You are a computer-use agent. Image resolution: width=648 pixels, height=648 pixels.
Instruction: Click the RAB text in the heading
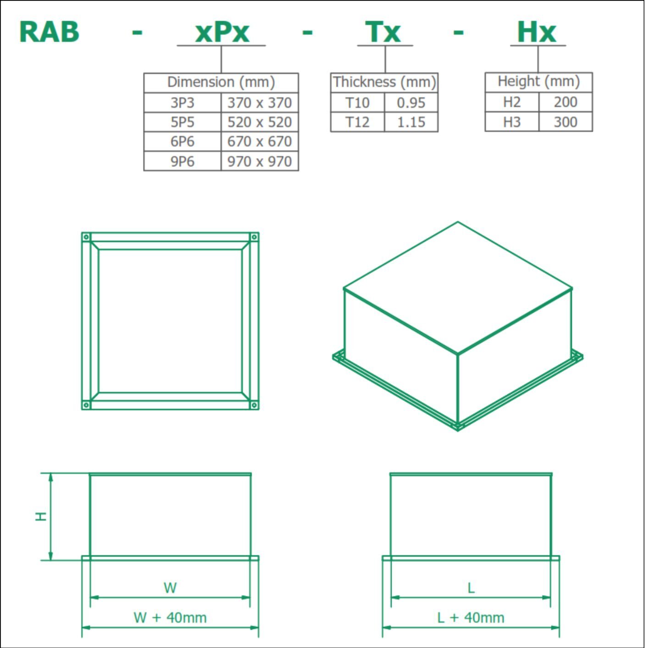[x=50, y=32]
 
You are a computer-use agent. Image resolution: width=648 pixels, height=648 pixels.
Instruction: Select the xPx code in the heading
[x=222, y=32]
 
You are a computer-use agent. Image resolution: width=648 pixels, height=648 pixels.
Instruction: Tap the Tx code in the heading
[x=383, y=32]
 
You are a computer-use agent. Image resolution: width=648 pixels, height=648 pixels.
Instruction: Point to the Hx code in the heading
[x=537, y=32]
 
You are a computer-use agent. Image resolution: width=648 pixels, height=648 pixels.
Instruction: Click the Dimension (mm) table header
[x=221, y=82]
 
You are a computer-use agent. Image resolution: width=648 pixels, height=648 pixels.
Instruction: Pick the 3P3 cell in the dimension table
[x=182, y=103]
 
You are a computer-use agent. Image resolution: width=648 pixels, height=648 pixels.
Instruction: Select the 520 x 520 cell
[x=259, y=122]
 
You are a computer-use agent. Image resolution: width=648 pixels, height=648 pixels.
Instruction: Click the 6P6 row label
[x=182, y=142]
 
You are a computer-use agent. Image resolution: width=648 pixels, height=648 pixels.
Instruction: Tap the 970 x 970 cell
[x=259, y=161]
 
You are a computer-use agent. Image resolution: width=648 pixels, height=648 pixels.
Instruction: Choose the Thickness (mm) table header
[x=384, y=82]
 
